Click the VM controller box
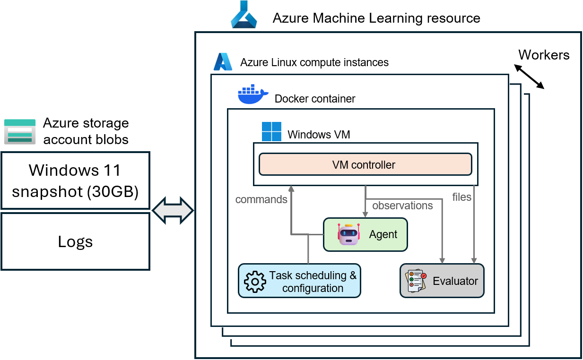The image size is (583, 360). [x=365, y=164]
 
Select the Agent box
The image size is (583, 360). [x=365, y=234]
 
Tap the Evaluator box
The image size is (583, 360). [x=442, y=281]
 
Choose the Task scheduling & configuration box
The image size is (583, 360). [x=299, y=281]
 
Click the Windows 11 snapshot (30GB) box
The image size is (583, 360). [x=75, y=180]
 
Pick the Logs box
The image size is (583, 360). [x=75, y=241]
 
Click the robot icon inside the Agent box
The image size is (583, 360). [x=349, y=234]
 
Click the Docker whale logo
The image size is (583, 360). [x=252, y=95]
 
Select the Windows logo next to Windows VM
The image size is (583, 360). [x=271, y=132]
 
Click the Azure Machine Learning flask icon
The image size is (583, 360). [x=244, y=15]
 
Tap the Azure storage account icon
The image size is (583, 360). [x=20, y=131]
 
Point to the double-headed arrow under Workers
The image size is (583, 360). [x=530, y=77]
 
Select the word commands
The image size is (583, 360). [x=261, y=199]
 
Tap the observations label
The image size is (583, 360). [x=402, y=206]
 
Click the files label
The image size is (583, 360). [x=461, y=197]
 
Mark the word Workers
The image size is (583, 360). [x=544, y=55]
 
